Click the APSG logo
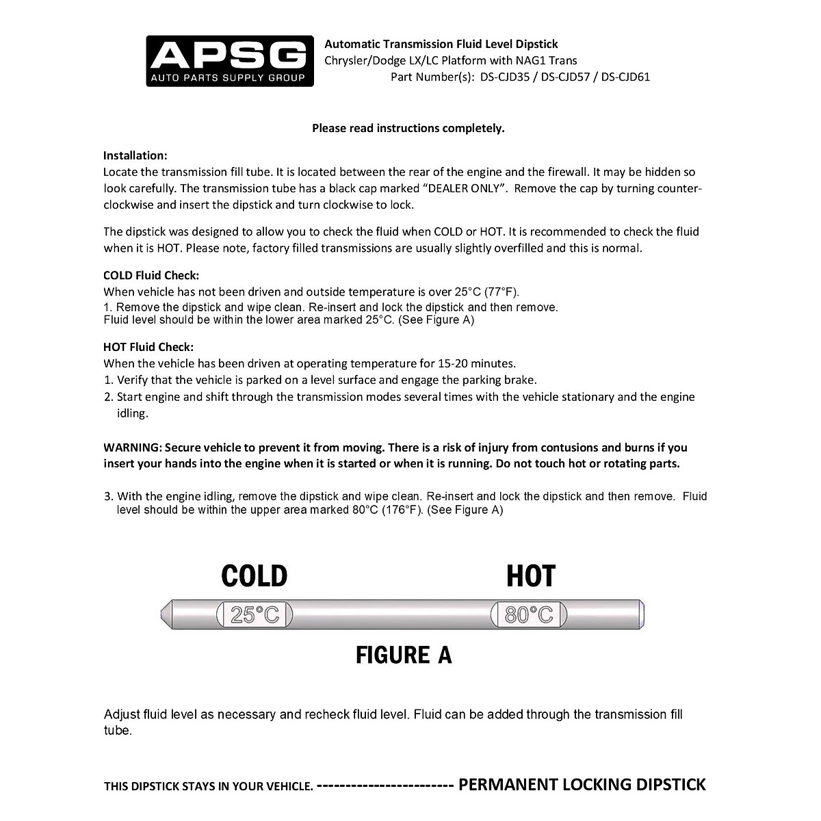pos(230,61)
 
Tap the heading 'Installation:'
pos(135,155)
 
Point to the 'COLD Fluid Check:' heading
pos(151,275)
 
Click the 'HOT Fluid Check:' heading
pos(148,347)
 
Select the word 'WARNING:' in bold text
pos(132,447)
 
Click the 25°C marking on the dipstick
pos(255,615)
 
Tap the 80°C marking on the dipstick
pos(528,615)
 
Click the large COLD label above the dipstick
pos(255,576)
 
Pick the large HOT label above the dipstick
pos(531,576)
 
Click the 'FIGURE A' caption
pos(404,655)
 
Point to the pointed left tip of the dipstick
pos(164,614)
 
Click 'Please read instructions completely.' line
pos(408,128)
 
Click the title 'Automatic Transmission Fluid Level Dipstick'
pos(441,44)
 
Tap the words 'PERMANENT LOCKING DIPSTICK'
pos(582,784)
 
